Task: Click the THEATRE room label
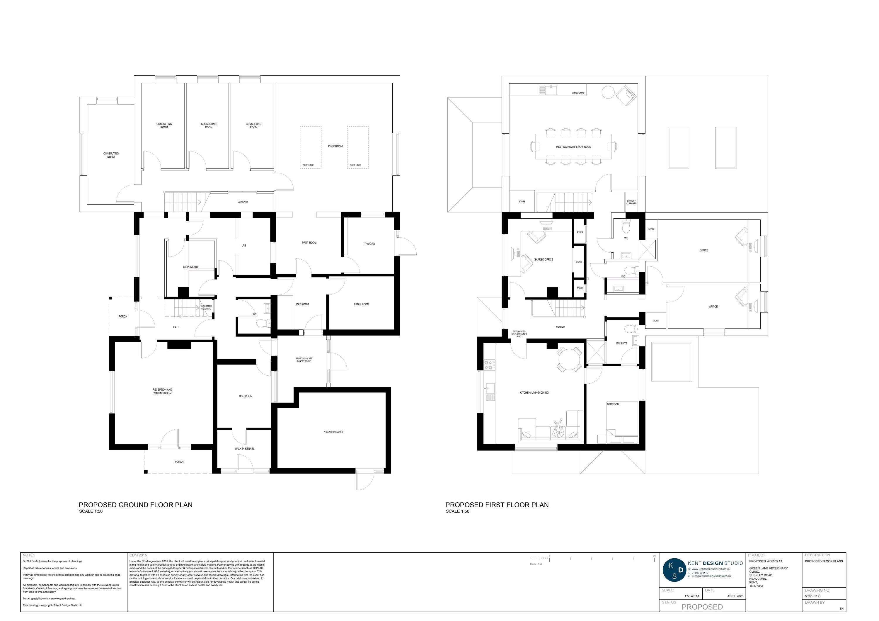pyautogui.click(x=369, y=244)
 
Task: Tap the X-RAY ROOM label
pyautogui.click(x=361, y=304)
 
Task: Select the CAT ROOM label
pyautogui.click(x=302, y=304)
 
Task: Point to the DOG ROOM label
pyautogui.click(x=246, y=396)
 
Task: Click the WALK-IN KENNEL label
pyautogui.click(x=244, y=449)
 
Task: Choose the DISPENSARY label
pyautogui.click(x=191, y=267)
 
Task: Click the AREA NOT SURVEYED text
pyautogui.click(x=333, y=432)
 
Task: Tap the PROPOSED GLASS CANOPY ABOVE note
pyautogui.click(x=304, y=360)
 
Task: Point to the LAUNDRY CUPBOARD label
pyautogui.click(x=631, y=202)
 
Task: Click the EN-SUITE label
pyautogui.click(x=622, y=343)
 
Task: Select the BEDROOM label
pyautogui.click(x=613, y=404)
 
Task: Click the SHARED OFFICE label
pyautogui.click(x=544, y=260)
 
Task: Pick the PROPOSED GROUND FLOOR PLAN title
pyautogui.click(x=136, y=505)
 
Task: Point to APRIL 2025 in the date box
pyautogui.click(x=735, y=596)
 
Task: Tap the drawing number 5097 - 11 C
pyautogui.click(x=813, y=596)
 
